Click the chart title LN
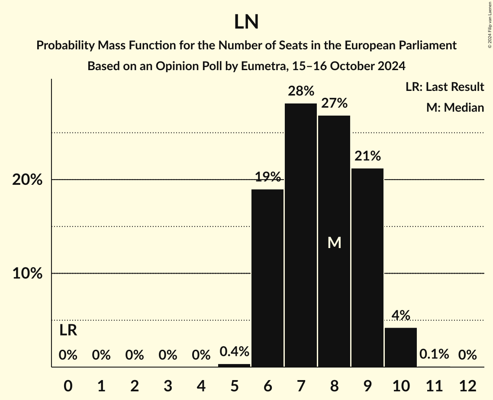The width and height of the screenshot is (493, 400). pos(246,22)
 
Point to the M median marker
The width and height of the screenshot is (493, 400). pos(334,243)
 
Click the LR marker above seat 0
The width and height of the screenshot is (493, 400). pos(68,331)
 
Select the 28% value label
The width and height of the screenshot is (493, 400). pos(301,91)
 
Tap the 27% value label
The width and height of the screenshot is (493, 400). pos(334,103)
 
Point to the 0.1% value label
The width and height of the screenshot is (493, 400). pos(434,355)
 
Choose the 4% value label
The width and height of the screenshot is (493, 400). pos(401,316)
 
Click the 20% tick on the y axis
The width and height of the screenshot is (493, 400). pos(27,180)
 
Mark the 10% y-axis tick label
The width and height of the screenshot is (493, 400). pos(27,274)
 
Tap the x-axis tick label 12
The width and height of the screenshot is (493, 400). pos(467,386)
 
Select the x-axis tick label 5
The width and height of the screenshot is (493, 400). pos(234,386)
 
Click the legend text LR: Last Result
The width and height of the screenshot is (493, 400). pos(445,87)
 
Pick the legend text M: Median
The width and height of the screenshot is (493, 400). pos(455,107)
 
